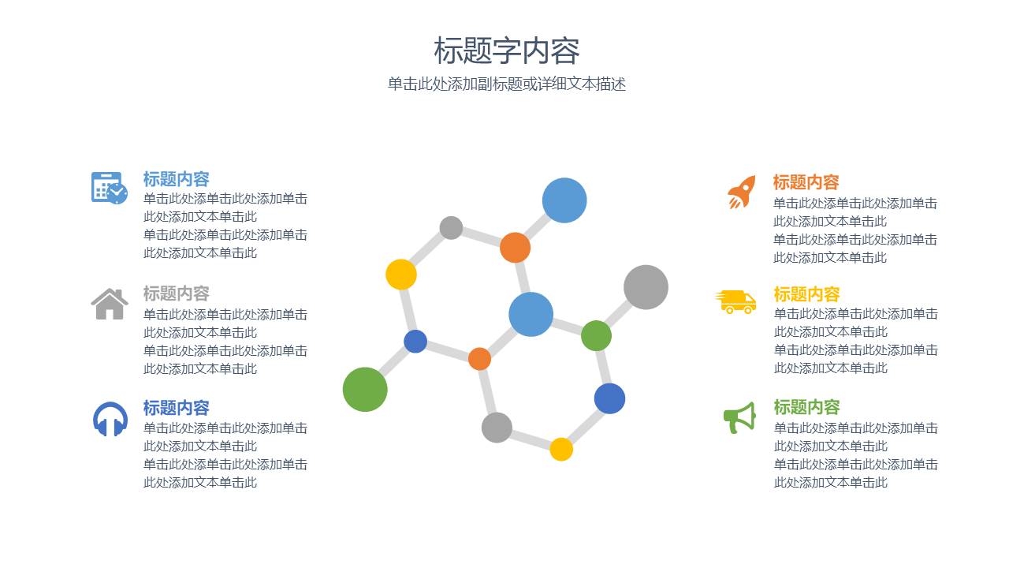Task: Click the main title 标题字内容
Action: pyautogui.click(x=506, y=51)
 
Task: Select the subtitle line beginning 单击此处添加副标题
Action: pyautogui.click(x=506, y=84)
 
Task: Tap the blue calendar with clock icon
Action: pyautogui.click(x=109, y=188)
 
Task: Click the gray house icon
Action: pyautogui.click(x=110, y=304)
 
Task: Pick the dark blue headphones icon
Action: pyautogui.click(x=110, y=419)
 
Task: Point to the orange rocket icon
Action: pyautogui.click(x=741, y=192)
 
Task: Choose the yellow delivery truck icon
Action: pyautogui.click(x=736, y=301)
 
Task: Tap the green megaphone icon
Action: pyautogui.click(x=739, y=417)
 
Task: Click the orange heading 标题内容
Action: pyautogui.click(x=806, y=182)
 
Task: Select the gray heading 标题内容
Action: pyautogui.click(x=176, y=293)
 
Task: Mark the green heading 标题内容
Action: pyautogui.click(x=806, y=407)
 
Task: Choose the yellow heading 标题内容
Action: pyautogui.click(x=806, y=294)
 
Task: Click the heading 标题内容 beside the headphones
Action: pyautogui.click(x=176, y=408)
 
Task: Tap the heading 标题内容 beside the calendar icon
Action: pyautogui.click(x=176, y=179)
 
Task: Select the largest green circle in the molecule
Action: pyautogui.click(x=365, y=389)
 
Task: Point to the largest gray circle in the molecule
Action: pyautogui.click(x=646, y=287)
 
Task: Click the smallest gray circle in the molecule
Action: pyautogui.click(x=451, y=228)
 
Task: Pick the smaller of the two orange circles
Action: pyautogui.click(x=479, y=359)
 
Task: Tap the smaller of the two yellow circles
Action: pyautogui.click(x=561, y=449)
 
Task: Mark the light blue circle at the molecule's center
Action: pyautogui.click(x=531, y=314)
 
